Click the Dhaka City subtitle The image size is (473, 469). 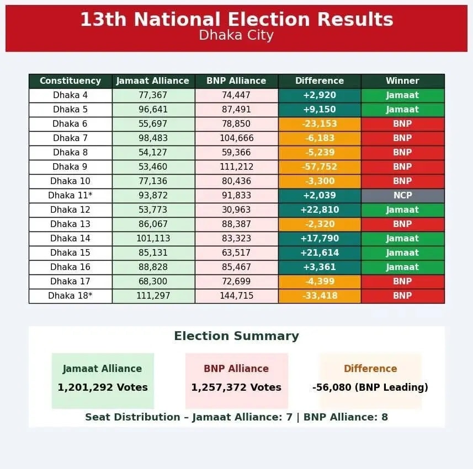tap(236, 35)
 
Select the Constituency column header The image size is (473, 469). tap(70, 81)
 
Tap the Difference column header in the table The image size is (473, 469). tap(320, 81)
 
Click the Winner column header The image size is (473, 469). tap(402, 81)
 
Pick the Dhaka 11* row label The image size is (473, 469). tap(70, 196)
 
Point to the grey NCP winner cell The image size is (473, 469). tap(402, 196)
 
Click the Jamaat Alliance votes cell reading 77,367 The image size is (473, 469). tap(153, 95)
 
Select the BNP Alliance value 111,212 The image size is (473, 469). tap(236, 167)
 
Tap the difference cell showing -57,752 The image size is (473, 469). tap(320, 167)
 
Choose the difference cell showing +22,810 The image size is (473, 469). tap(320, 210)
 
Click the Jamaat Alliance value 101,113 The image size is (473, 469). tap(153, 239)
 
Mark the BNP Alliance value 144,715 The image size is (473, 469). tap(236, 296)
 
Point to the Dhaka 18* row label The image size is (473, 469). tap(70, 296)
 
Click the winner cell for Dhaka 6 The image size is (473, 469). tap(402, 124)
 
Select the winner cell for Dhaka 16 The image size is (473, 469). tap(402, 267)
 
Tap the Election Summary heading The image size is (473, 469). tap(236, 336)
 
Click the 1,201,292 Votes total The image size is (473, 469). tap(103, 387)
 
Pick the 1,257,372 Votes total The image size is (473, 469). tap(236, 387)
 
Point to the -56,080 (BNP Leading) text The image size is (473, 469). tap(370, 387)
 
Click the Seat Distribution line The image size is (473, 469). tap(236, 417)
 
